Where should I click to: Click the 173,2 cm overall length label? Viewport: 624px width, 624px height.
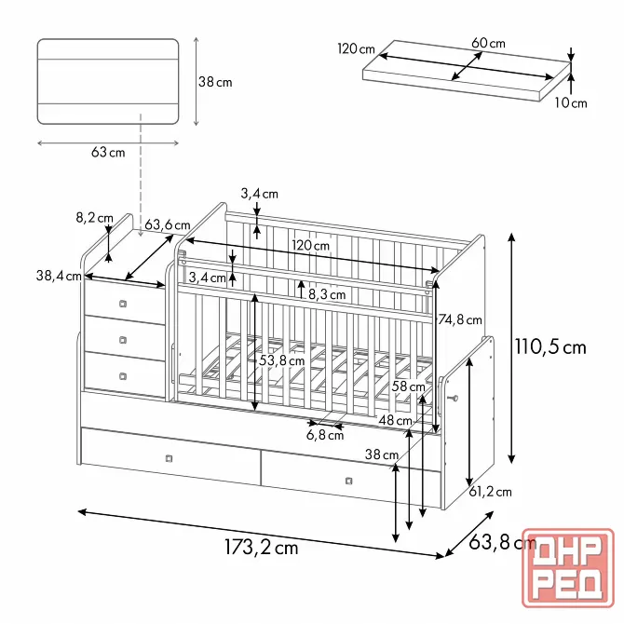[x=262, y=548]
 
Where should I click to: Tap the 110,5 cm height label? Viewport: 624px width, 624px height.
[x=550, y=347]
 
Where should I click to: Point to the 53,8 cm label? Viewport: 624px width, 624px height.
[x=282, y=361]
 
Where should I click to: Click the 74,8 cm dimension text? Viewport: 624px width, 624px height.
[x=460, y=319]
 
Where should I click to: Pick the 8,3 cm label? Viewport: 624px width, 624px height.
[x=327, y=294]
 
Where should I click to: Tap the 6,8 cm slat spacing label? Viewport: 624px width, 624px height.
[x=325, y=435]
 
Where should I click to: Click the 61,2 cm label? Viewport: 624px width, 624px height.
[x=490, y=493]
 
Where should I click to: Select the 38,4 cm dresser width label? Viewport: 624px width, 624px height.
[x=59, y=276]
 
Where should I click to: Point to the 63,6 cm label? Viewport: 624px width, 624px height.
[x=167, y=225]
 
